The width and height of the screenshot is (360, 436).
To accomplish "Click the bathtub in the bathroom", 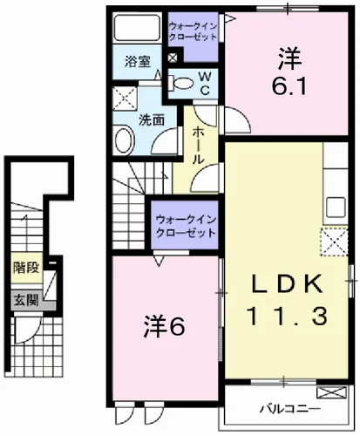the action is point(137,28).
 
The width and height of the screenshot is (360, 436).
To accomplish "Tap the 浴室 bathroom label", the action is point(138,62).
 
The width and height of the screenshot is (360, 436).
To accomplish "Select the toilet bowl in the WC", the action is point(182,83).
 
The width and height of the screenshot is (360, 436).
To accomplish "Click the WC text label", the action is point(205,84).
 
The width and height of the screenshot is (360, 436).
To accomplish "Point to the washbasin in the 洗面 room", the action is point(124,140).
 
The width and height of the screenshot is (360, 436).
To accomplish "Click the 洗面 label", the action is point(152,120).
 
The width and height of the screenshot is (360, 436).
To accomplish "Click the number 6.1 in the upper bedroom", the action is point(289,86).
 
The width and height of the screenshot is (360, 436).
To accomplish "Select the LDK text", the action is point(287,284).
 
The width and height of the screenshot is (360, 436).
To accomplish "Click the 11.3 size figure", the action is point(287,317).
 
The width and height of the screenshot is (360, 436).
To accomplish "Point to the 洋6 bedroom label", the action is point(165,328).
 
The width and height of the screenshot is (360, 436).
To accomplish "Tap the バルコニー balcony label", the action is point(290,409).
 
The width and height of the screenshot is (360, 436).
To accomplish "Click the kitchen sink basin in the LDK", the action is point(336,208).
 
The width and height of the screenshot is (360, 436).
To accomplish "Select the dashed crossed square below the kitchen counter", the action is point(335,242).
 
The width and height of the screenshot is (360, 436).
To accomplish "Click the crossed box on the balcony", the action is point(332,392).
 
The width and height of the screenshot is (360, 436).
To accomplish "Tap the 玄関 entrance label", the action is point(27,300).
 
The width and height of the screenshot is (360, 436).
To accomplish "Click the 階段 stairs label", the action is point(26,268).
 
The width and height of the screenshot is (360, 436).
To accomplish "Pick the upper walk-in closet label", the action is point(193,32).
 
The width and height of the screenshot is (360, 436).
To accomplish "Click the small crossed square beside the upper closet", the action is point(173,58).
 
